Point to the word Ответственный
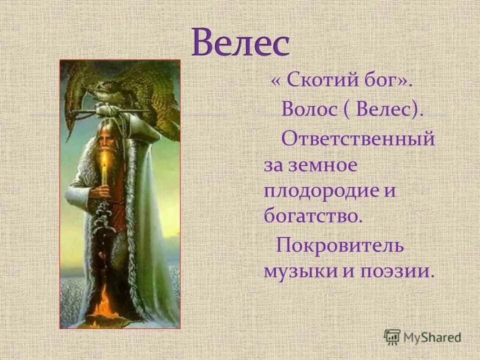coord(357,138)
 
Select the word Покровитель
coord(340,245)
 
